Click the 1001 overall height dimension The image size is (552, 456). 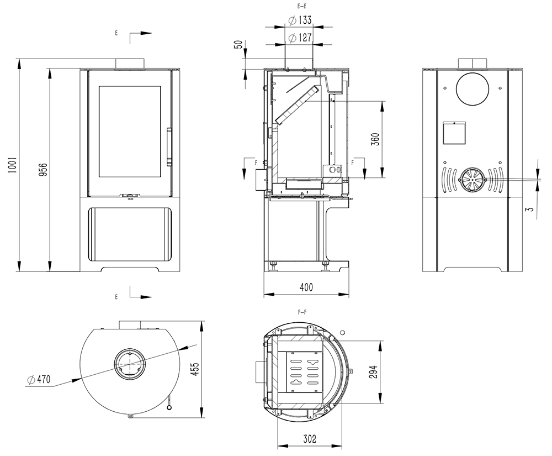pyautogui.click(x=13, y=165)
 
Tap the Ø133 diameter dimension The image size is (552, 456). pyautogui.click(x=300, y=20)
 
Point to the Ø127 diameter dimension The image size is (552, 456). pyautogui.click(x=300, y=38)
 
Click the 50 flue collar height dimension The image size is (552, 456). pyautogui.click(x=238, y=45)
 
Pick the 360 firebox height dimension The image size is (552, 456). pyautogui.click(x=375, y=138)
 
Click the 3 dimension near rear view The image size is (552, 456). pyautogui.click(x=530, y=210)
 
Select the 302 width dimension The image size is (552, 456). pyautogui.click(x=310, y=439)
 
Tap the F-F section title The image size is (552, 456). pyautogui.click(x=302, y=312)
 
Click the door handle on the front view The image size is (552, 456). pyautogui.click(x=169, y=146)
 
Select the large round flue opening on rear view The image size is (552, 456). pyautogui.click(x=473, y=90)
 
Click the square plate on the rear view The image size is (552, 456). pyautogui.click(x=454, y=132)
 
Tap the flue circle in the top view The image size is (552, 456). pyautogui.click(x=130, y=364)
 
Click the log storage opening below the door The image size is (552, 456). pyautogui.click(x=130, y=233)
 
